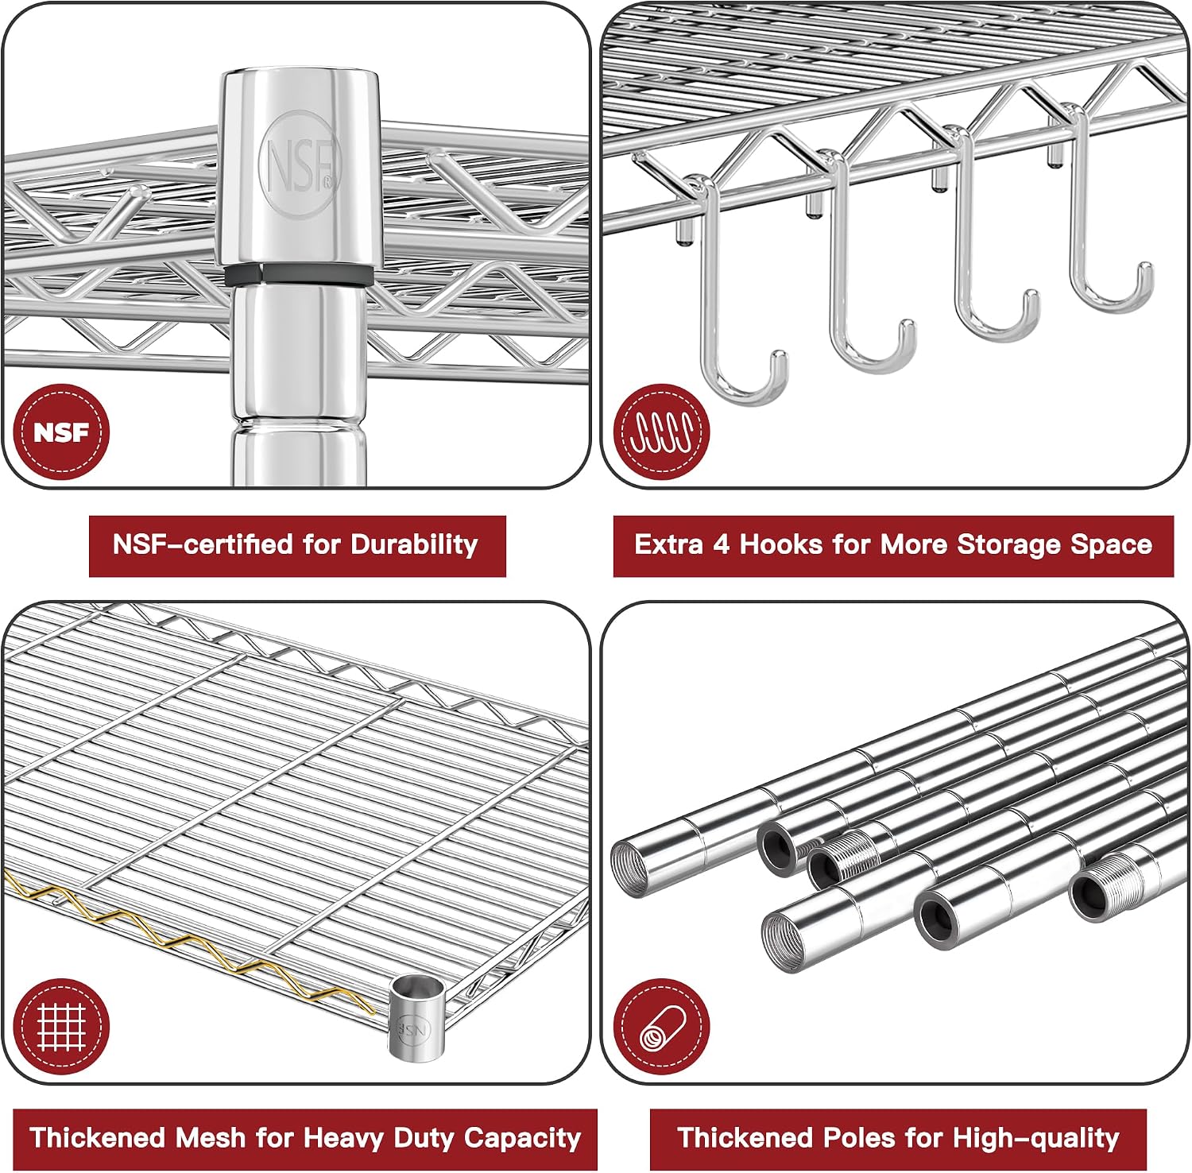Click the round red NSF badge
tap(61, 432)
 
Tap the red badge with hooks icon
tap(661, 432)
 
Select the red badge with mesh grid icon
tap(61, 1027)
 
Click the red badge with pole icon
tap(661, 1027)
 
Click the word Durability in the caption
tap(414, 544)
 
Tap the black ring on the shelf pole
tap(297, 275)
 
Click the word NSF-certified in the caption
tap(203, 544)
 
